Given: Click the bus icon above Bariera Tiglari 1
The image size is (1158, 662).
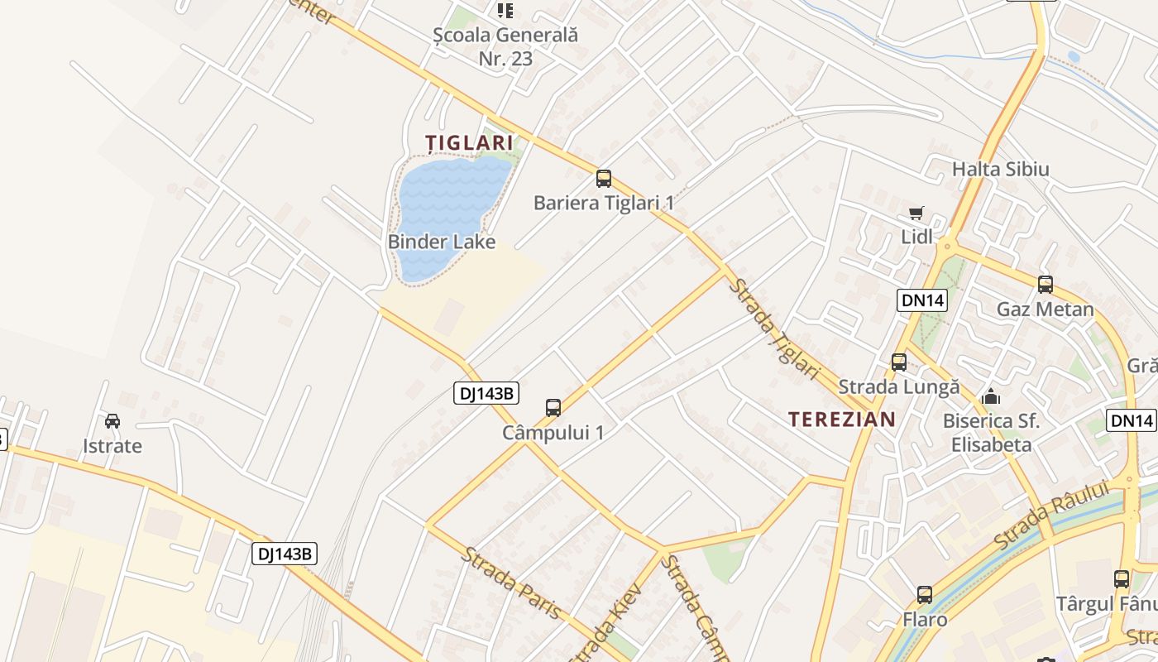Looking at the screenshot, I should tap(604, 178).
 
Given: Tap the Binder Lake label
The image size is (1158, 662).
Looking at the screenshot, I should tap(442, 242).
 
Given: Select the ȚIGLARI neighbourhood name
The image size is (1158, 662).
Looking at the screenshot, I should tap(469, 142).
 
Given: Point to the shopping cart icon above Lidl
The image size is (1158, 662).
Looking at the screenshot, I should tap(916, 213).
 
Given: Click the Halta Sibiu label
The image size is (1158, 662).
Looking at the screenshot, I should tap(1000, 169).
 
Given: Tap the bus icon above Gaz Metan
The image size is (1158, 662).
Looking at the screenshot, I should tap(1046, 285).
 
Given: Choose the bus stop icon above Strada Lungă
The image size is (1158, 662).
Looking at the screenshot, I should tap(899, 362).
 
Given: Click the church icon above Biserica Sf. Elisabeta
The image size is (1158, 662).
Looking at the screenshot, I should tap(991, 396).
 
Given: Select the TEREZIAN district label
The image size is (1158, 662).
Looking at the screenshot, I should tap(842, 419).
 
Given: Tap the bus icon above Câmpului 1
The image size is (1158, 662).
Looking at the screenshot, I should tap(553, 407).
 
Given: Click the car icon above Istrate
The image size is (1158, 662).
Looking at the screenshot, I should tap(112, 420).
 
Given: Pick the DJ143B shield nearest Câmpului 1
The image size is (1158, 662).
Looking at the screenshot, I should tap(486, 393).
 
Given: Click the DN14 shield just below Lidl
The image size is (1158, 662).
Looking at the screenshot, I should tap(922, 300).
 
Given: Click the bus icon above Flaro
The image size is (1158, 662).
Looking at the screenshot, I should tap(925, 594).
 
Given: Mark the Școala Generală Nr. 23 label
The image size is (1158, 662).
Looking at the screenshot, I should tap(505, 46).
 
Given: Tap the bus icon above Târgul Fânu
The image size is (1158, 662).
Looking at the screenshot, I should tap(1122, 579).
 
